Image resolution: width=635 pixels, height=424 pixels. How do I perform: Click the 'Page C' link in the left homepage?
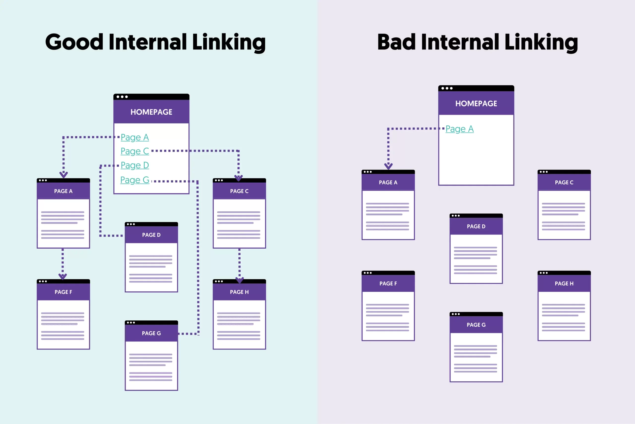coord(135,151)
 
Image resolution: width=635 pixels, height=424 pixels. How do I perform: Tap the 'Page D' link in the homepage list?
coord(135,165)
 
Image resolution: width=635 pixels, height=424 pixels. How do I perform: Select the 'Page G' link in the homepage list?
coord(135,180)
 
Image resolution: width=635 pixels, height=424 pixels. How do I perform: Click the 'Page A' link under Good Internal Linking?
coord(135,137)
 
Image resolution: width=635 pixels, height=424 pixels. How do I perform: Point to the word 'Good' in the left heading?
coord(74,42)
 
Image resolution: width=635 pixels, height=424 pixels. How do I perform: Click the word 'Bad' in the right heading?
coord(396,42)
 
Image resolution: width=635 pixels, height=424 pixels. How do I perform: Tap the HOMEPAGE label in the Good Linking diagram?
coord(151,112)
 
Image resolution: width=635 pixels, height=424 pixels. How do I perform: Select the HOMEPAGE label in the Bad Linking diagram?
coord(476,104)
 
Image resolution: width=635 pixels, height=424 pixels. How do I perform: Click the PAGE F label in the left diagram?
coord(63,292)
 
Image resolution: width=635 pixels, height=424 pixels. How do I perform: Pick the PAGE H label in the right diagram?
coord(564,284)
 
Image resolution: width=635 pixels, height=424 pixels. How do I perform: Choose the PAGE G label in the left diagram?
coord(151,333)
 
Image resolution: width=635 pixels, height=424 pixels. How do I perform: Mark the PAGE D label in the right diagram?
coord(476,227)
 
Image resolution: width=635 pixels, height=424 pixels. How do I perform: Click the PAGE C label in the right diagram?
coord(564,183)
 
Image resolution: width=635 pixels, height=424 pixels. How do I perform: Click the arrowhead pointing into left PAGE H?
coord(239,280)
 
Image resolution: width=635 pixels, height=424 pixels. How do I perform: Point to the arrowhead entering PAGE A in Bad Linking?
coord(388,166)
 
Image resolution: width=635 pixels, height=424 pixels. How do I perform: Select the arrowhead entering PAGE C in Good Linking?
coord(238,178)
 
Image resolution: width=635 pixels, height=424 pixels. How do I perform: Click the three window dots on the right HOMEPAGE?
coord(447,88)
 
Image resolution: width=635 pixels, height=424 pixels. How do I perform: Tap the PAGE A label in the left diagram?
coord(63,191)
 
